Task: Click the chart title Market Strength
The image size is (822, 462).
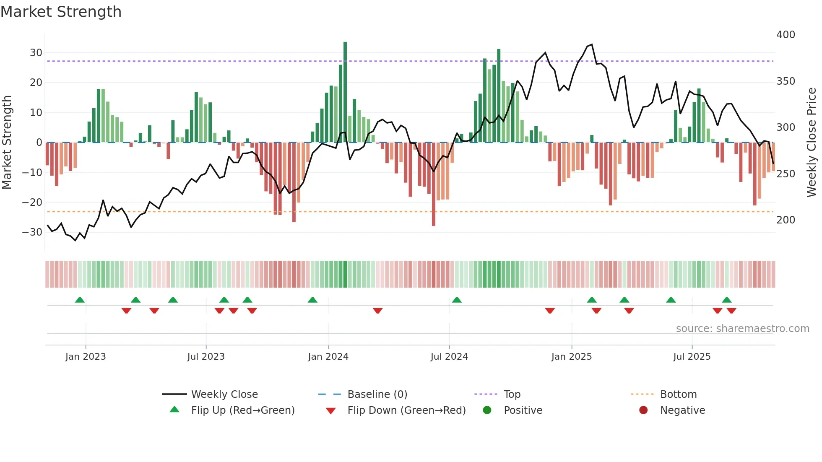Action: [x=61, y=12]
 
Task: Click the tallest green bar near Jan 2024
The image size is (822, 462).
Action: [x=345, y=92]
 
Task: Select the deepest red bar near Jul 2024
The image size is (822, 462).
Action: [x=434, y=184]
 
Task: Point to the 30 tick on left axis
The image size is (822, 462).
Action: [x=36, y=53]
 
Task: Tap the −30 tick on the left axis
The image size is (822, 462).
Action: [x=33, y=232]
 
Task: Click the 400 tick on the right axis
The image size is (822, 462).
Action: [x=786, y=34]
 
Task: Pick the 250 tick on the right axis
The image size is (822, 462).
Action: [x=786, y=174]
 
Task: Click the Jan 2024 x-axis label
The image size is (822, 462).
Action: [x=328, y=357]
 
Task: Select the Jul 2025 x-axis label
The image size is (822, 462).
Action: [x=692, y=357]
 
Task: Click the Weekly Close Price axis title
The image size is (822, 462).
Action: [x=812, y=143]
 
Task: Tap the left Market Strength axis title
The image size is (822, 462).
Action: [x=7, y=143]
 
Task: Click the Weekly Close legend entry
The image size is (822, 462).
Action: [x=224, y=395]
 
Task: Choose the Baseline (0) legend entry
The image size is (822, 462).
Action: [x=377, y=395]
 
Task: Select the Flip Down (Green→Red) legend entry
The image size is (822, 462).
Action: [x=406, y=410]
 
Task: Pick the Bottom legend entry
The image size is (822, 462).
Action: [x=678, y=395]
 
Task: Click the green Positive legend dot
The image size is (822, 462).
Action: [x=487, y=410]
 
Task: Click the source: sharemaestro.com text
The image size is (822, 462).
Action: [x=742, y=329]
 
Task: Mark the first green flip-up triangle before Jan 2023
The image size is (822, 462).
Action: [x=80, y=300]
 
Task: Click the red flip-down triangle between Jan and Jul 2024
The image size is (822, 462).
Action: [x=377, y=311]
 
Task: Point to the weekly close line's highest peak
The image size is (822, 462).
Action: [x=591, y=44]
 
